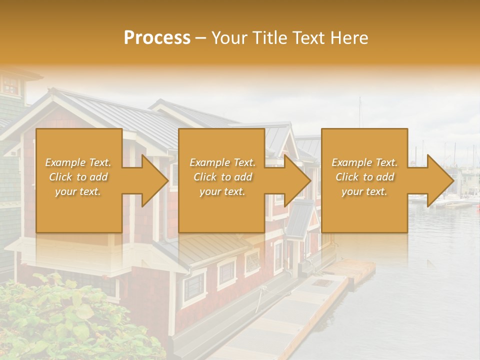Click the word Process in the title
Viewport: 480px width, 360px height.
point(157,37)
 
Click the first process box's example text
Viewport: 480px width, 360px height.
point(78,177)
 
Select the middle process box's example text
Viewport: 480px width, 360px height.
point(222,177)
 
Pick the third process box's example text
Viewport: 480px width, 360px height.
point(364,177)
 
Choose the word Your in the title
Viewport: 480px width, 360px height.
point(229,37)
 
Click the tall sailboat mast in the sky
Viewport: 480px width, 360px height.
point(359,112)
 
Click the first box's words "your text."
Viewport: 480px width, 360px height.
point(78,191)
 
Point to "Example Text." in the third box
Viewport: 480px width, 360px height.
point(364,162)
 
